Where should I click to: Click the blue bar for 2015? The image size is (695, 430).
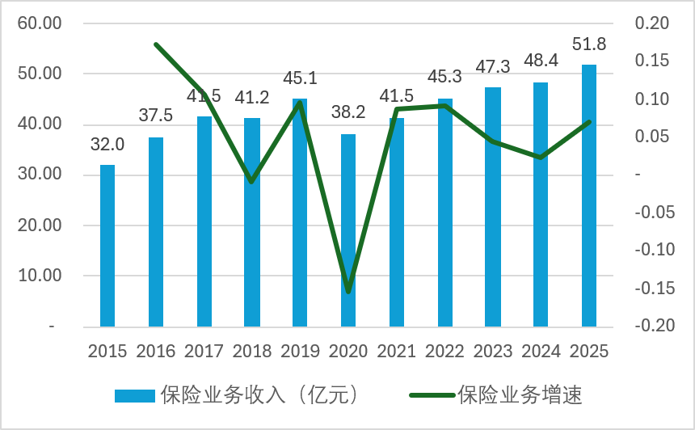(107, 246)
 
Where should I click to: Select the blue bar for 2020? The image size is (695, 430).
(348, 230)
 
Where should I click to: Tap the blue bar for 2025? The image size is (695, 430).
(589, 196)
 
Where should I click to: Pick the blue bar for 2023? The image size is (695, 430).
(493, 207)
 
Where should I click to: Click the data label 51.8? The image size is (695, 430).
(589, 44)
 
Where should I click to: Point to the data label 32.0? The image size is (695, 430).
(107, 145)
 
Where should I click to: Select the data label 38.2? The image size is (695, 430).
(348, 113)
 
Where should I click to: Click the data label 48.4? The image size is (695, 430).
(541, 62)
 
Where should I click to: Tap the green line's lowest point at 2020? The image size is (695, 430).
(348, 292)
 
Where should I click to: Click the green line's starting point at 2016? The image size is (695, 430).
(156, 44)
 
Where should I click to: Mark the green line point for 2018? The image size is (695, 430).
(252, 182)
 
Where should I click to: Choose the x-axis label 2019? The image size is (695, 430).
(300, 352)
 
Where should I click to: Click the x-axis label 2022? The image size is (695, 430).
(444, 352)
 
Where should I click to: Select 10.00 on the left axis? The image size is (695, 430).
(40, 276)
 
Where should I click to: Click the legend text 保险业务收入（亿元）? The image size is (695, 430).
(259, 395)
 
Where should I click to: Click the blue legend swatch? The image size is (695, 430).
(134, 395)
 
